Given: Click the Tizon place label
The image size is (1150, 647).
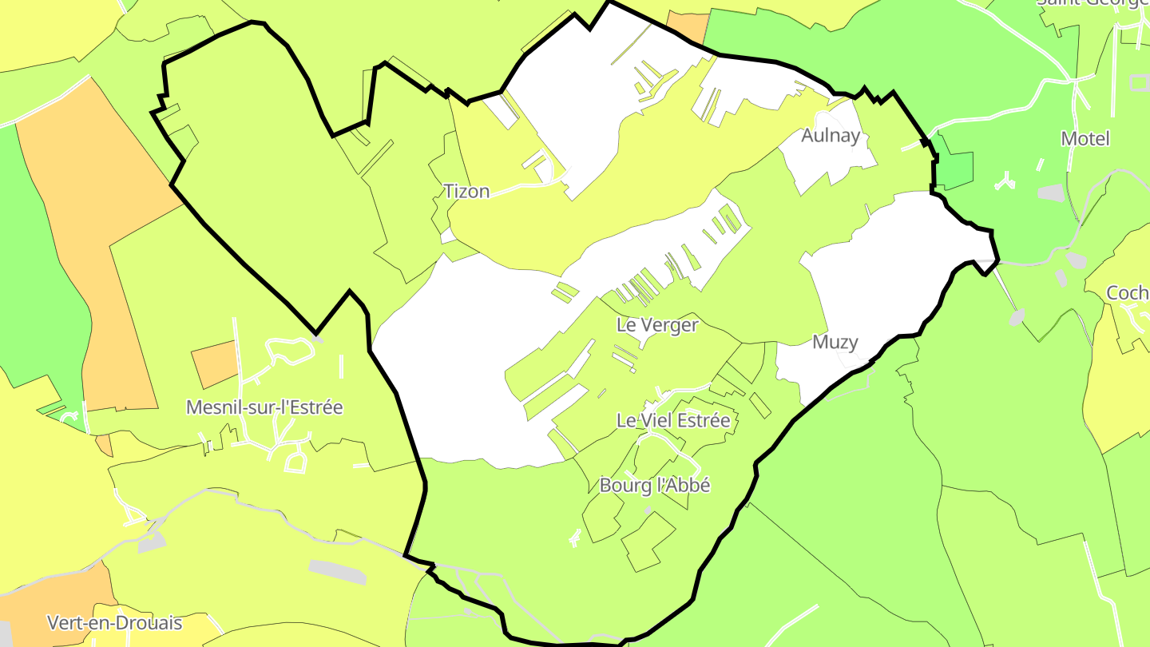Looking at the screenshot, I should [466, 192].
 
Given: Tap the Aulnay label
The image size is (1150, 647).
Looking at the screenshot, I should [831, 136].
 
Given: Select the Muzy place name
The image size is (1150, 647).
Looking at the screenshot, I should [835, 343].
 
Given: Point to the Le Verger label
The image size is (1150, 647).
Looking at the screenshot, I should [657, 325].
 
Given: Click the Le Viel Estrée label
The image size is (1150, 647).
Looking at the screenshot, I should [673, 420].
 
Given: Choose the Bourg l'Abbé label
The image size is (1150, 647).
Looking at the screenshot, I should [655, 485].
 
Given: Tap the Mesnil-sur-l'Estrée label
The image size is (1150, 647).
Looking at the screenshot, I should [264, 407].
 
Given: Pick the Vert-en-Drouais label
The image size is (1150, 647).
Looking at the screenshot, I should [115, 623].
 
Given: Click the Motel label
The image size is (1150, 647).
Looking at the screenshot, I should [1085, 139].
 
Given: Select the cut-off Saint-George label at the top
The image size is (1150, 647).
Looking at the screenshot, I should [1092, 3].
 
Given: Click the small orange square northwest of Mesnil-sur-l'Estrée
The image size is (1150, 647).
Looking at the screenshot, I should [215, 364].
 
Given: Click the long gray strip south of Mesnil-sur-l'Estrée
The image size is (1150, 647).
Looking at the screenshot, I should [337, 571].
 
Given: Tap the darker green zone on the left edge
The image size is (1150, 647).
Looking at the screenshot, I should [40, 280].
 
